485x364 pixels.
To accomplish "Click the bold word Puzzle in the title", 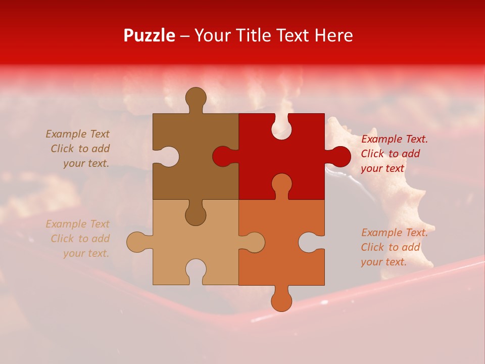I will pos(149,35).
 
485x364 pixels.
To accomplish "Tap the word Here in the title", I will pos(333,35).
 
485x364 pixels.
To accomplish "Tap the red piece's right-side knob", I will pos(339,156).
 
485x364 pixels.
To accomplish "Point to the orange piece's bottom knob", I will pos(281,299).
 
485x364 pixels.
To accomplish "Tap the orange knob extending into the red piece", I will pos(281,185).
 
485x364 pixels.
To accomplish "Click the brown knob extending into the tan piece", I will pos(196,214).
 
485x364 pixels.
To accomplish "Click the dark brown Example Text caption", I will pos(78,149).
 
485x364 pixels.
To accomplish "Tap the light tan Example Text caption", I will pos(78,239).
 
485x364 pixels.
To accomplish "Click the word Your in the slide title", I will pos(212,35).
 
